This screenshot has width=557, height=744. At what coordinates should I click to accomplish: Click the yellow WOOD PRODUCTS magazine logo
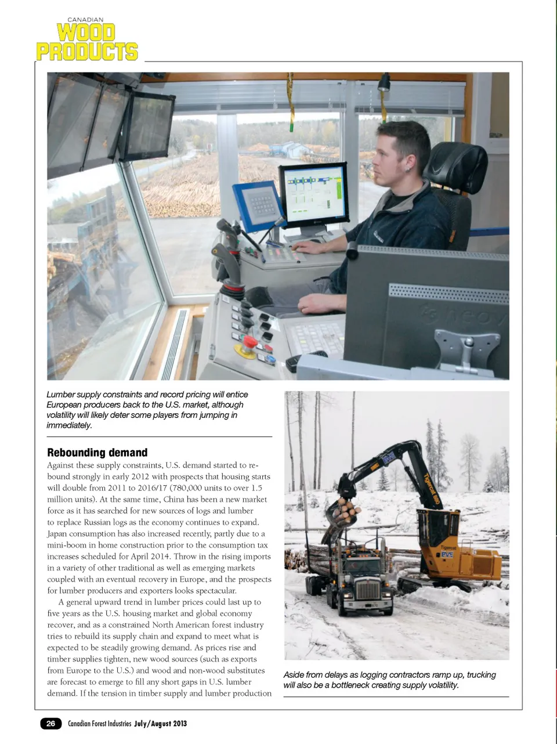click(87, 42)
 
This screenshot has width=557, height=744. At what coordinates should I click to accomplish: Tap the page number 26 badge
click(51, 723)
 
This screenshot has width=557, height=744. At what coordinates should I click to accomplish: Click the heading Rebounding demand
click(97, 453)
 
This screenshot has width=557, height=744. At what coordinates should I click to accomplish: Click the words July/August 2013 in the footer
click(160, 724)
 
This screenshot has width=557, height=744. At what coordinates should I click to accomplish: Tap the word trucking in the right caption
click(481, 675)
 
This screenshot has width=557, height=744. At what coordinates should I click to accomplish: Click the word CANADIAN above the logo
click(85, 20)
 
